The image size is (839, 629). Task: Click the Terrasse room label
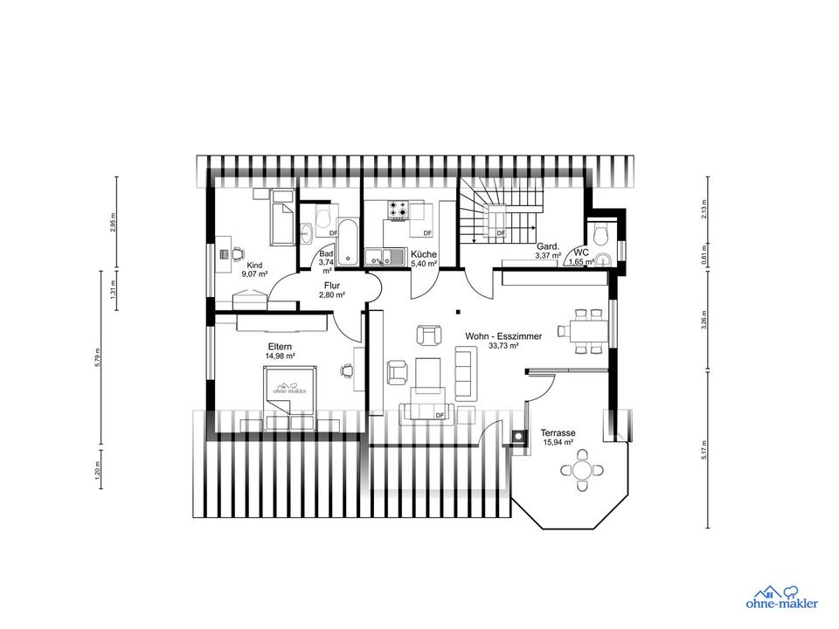point(558,432)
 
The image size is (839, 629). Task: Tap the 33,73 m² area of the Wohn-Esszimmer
point(503,346)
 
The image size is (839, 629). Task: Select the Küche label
point(424,254)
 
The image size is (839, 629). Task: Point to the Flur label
point(332,286)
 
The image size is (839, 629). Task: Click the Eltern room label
point(281,347)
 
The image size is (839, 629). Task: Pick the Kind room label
point(254,266)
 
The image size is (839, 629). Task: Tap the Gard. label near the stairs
point(548,246)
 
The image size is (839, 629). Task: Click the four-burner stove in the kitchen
point(399,210)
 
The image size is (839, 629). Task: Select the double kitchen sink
point(385,257)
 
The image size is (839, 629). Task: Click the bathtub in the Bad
point(349,241)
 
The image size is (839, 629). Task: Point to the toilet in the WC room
point(601,233)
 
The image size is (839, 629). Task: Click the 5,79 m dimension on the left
point(97,357)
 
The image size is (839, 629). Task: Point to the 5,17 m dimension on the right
point(704,451)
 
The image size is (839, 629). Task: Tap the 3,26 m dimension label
point(704,321)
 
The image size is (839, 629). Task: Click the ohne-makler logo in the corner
point(781,597)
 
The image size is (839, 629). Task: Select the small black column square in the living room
point(457,311)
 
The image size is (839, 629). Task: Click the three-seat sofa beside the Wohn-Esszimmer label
point(466,373)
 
